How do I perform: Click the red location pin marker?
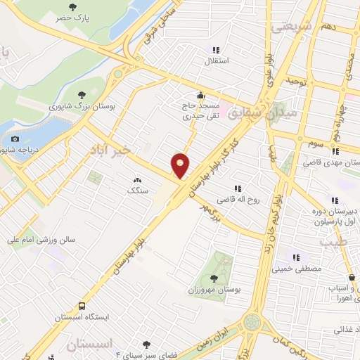[x=181, y=165]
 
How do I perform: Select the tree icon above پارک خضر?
[x=74, y=7]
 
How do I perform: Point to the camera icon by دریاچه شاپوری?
[x=15, y=139]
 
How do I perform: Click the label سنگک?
[x=136, y=191]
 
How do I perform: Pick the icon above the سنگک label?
[x=136, y=180]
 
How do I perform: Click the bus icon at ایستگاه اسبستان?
[x=83, y=307]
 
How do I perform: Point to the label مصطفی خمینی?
[x=300, y=269]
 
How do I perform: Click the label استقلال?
[x=217, y=61]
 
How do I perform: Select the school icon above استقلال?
[x=217, y=50]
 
